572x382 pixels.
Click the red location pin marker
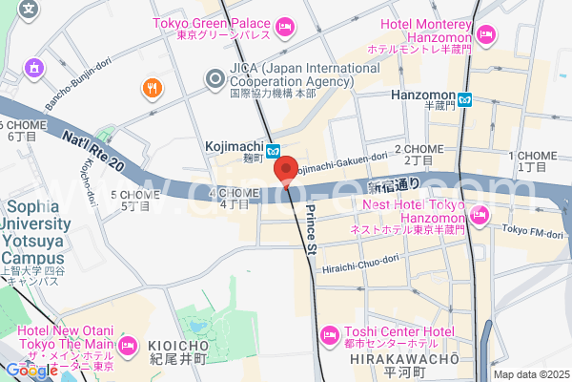pos(284,170)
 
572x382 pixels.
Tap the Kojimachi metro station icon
pos(273,149)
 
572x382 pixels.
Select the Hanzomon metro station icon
pos(464,97)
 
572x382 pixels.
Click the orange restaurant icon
pos(152,89)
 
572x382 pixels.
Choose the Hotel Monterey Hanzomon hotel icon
pos(486,35)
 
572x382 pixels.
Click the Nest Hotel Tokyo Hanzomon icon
pos(479,216)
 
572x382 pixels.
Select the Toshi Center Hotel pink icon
pos(329,334)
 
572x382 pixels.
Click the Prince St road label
pos(310,228)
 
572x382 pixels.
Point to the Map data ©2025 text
pos(530,374)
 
